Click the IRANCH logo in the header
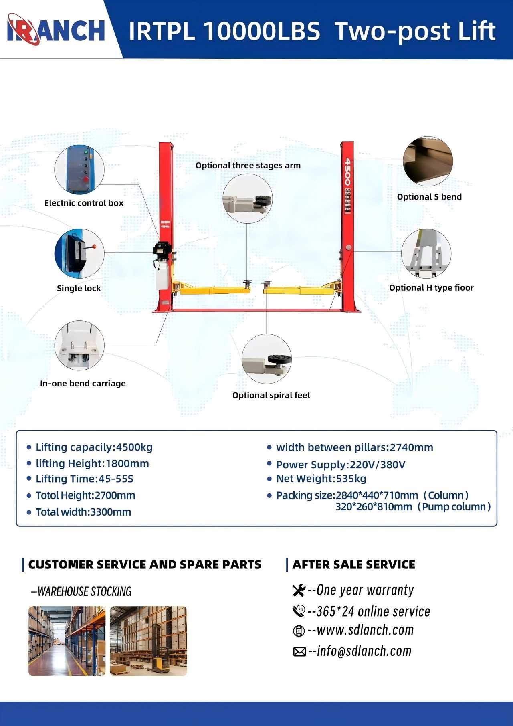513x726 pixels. pyautogui.click(x=56, y=30)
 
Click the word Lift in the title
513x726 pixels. pyautogui.click(x=477, y=31)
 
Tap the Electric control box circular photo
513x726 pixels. pyautogui.click(x=79, y=169)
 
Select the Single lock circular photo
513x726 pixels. pyautogui.click(x=79, y=253)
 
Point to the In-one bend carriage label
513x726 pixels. pyautogui.click(x=83, y=384)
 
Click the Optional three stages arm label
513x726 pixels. pyautogui.click(x=248, y=166)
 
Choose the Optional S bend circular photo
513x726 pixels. pyautogui.click(x=428, y=161)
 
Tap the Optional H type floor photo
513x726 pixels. pyautogui.click(x=426, y=253)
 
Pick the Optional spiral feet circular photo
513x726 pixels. pyautogui.click(x=267, y=359)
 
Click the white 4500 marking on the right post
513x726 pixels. pyautogui.click(x=347, y=172)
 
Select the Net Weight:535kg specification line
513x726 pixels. pyautogui.click(x=321, y=479)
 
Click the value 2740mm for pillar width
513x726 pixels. pyautogui.click(x=411, y=447)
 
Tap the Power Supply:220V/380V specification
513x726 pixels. pyautogui.click(x=341, y=465)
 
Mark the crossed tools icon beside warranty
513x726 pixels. pyautogui.click(x=299, y=591)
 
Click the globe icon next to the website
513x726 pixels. pyautogui.click(x=299, y=631)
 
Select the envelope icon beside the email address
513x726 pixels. pyautogui.click(x=299, y=652)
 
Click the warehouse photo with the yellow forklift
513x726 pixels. pyautogui.click(x=148, y=641)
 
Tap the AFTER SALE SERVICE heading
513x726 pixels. pyautogui.click(x=353, y=565)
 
